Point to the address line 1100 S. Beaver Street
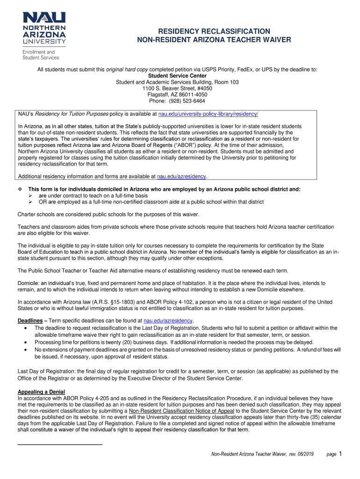tap(177, 88)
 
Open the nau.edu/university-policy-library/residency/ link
tap(208, 114)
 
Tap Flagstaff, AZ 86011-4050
tap(177, 94)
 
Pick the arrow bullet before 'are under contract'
tap(30, 196)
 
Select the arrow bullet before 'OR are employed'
tap(30, 202)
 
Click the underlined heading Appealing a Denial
tap(41, 392)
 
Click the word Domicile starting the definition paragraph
tap(28, 283)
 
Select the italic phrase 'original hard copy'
tap(127, 69)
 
